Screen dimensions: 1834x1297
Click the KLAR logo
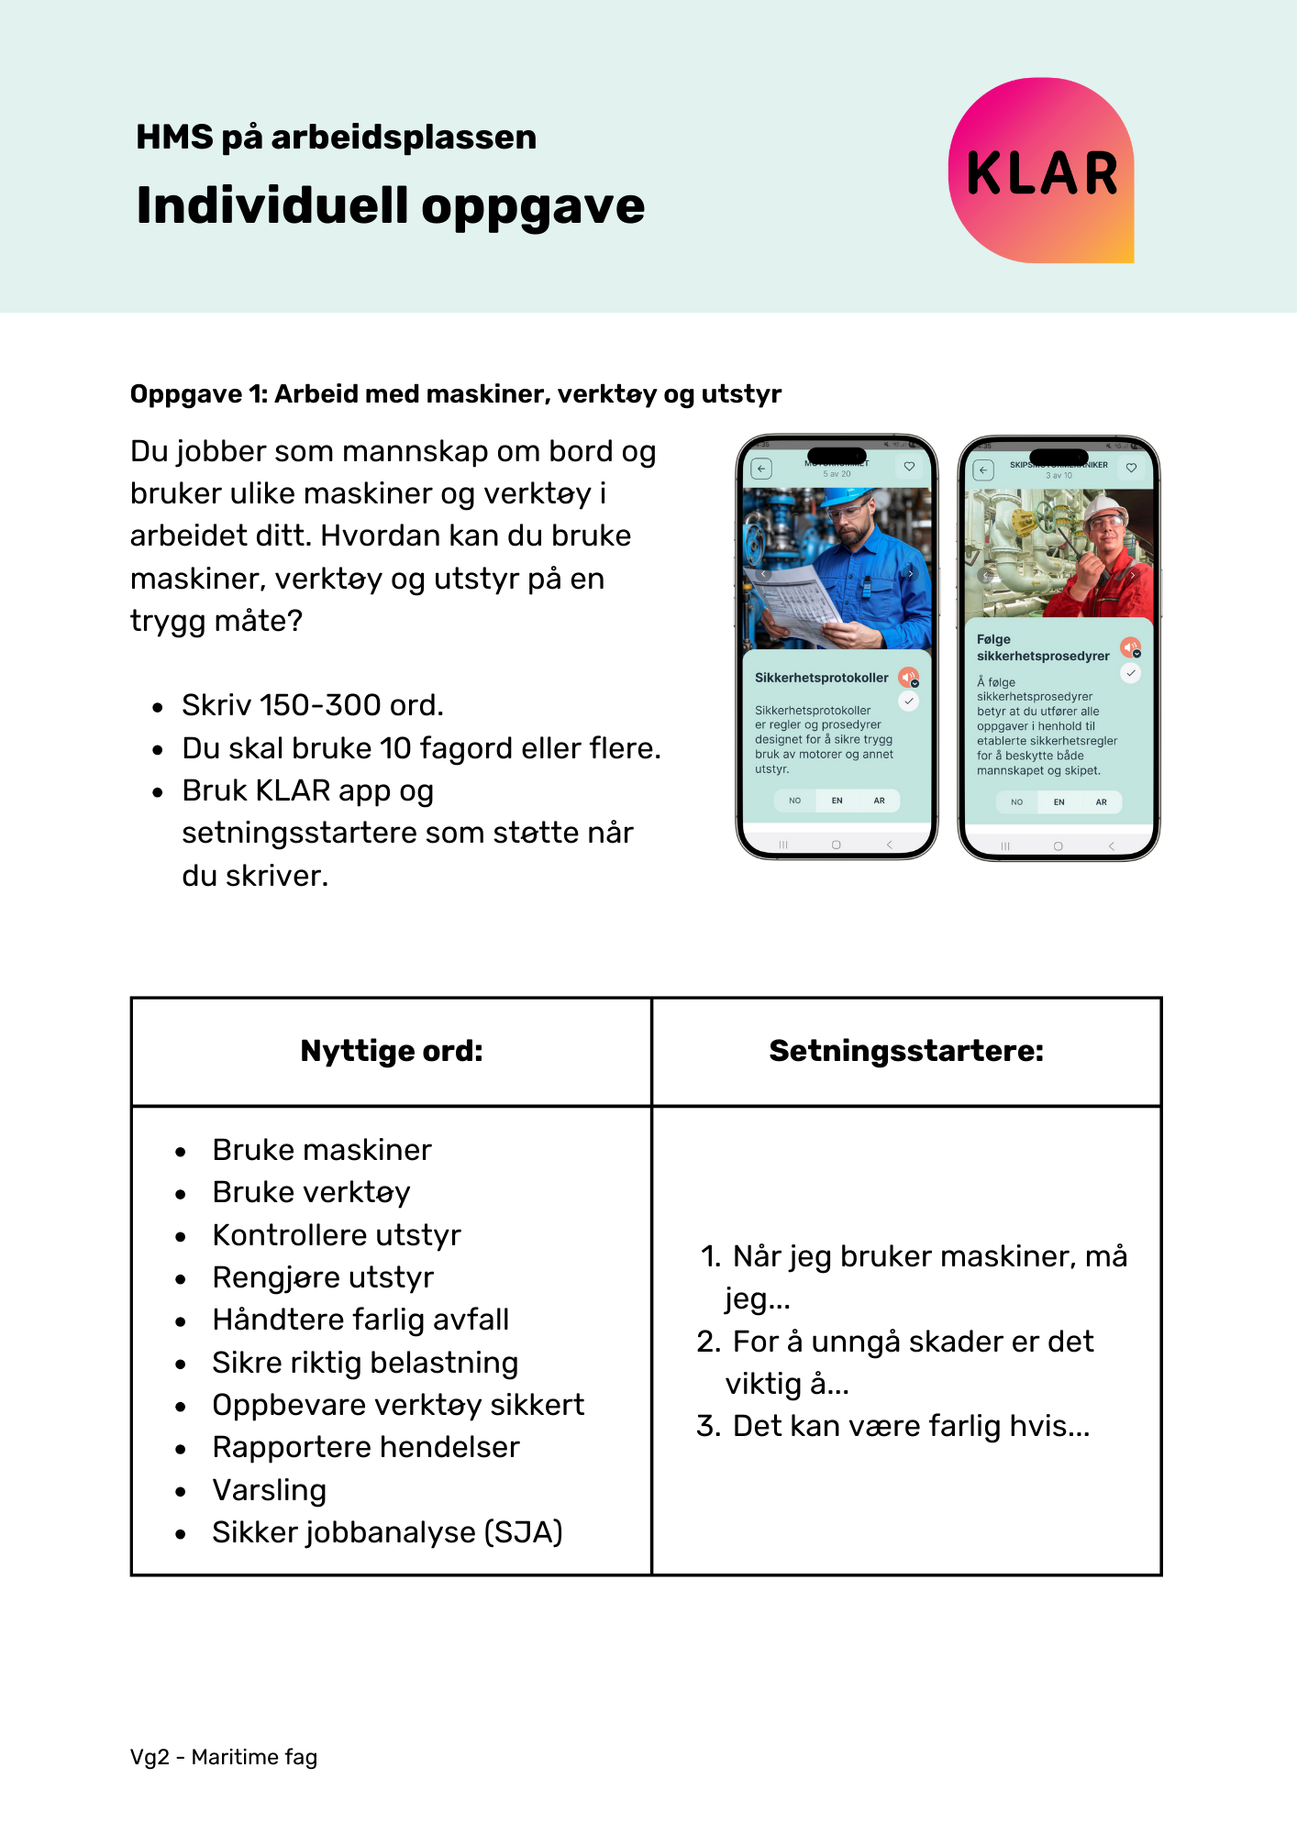coord(1041,171)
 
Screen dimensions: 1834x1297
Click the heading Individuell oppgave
coord(391,205)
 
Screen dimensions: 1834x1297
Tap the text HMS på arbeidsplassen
coord(336,137)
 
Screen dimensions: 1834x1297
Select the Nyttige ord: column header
coord(392,1051)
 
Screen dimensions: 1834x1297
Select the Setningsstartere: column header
coord(906,1051)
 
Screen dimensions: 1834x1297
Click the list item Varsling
coord(269,1490)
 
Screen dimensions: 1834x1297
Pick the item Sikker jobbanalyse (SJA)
coord(387,1532)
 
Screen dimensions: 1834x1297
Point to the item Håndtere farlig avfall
coord(360,1320)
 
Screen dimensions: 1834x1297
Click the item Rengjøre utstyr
coord(323,1277)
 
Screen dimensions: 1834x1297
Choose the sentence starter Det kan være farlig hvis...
coord(910,1426)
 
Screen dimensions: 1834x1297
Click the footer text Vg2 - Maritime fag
coord(224,1757)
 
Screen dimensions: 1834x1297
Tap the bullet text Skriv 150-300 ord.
coord(312,705)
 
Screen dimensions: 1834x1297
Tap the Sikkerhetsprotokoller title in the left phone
coord(821,678)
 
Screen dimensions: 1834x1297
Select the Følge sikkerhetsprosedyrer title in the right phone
coord(1043,647)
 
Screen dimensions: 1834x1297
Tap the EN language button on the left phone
coord(837,801)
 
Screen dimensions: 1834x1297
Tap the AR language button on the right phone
coord(1101,802)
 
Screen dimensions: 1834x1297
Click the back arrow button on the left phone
coord(761,469)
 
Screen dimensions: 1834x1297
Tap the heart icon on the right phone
coord(1131,468)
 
